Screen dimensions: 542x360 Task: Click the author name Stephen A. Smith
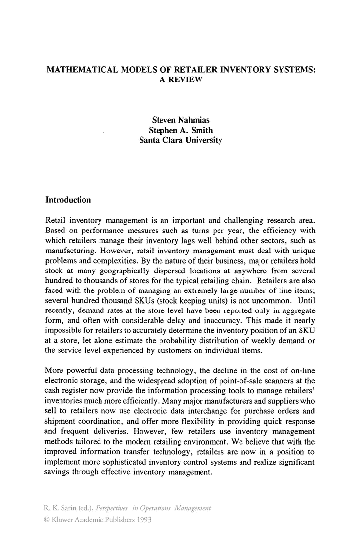(180, 130)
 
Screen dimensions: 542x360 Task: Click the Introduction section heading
(68, 200)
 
